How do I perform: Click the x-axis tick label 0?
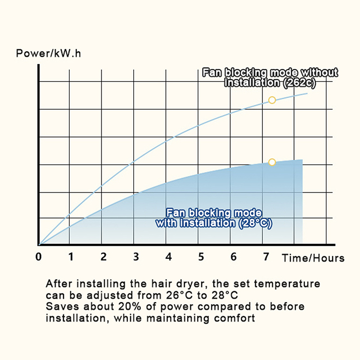click(39, 257)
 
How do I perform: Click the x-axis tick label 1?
click(70, 257)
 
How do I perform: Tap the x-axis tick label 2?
click(103, 257)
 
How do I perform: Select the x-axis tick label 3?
click(136, 257)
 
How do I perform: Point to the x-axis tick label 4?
click(168, 257)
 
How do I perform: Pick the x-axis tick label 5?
click(201, 257)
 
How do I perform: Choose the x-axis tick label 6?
click(233, 257)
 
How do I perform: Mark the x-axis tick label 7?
click(265, 257)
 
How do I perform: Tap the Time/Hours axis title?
click(313, 258)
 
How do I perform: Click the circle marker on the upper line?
click(272, 100)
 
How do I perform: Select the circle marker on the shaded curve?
click(272, 162)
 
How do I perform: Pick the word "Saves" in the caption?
click(61, 307)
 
